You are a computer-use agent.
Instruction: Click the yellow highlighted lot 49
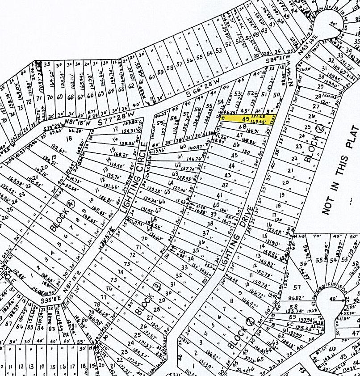[248, 118]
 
